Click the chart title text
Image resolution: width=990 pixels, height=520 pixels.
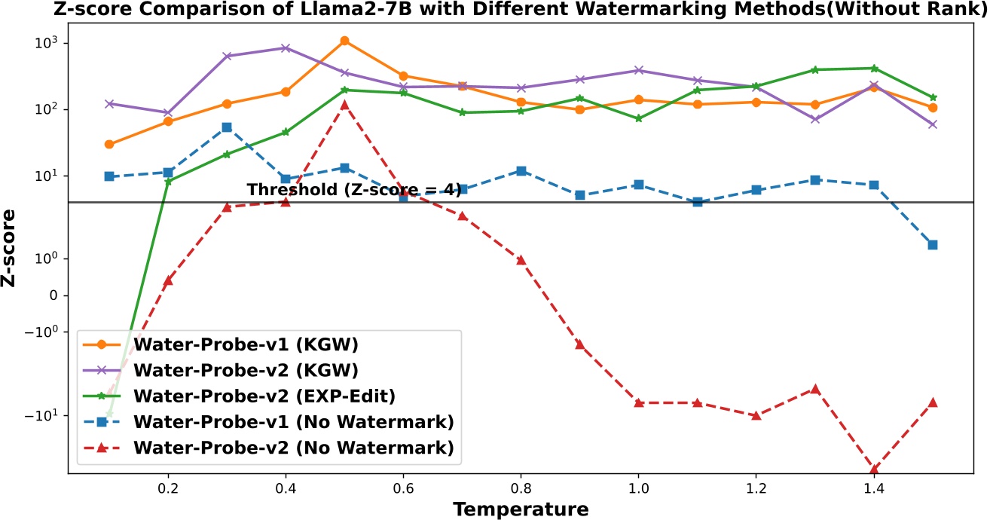coord(494,10)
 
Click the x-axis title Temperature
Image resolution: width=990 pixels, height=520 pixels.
coord(521,509)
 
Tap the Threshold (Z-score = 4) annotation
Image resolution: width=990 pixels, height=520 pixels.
coord(353,190)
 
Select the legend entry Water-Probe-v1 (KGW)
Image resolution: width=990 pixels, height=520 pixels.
coord(245,344)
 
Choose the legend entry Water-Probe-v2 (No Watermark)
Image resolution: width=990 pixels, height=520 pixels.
coord(293,448)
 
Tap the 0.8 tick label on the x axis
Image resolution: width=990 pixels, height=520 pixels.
coord(521,488)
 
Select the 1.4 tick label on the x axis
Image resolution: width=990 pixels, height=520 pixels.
coord(873,488)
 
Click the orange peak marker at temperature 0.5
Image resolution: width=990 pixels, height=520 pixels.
coord(344,41)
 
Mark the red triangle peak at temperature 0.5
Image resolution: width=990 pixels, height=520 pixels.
coord(344,104)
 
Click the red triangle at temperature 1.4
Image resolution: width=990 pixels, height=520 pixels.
coord(874,469)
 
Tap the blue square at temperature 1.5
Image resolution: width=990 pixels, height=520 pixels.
coord(933,245)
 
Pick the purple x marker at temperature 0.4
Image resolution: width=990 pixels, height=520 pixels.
coord(286,48)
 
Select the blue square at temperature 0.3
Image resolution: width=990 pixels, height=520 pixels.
coord(227,127)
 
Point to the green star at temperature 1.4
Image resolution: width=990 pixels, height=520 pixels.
coord(874,69)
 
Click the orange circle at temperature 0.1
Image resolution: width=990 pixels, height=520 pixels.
coord(109,144)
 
